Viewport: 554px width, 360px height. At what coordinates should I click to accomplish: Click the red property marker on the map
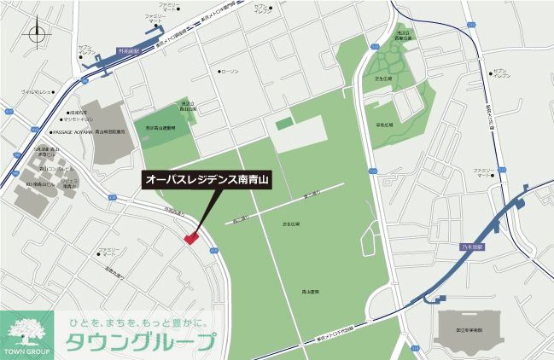190,238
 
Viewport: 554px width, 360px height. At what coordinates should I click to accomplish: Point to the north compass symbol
36,35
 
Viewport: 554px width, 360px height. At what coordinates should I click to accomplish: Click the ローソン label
230,72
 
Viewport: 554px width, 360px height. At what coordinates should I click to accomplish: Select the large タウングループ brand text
141,343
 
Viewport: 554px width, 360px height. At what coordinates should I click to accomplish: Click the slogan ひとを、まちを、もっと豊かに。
143,322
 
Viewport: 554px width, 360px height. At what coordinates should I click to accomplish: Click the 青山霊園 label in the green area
310,292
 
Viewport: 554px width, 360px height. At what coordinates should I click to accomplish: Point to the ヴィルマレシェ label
38,90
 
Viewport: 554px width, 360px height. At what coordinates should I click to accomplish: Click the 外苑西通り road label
174,212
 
